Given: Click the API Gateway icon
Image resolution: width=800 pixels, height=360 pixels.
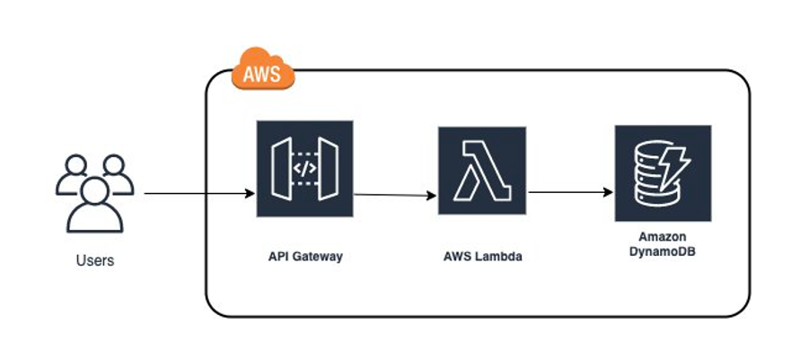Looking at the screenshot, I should pyautogui.click(x=305, y=169).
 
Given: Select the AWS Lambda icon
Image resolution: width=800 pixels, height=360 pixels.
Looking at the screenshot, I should pyautogui.click(x=482, y=171).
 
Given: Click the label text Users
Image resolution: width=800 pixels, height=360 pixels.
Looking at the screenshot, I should pyautogui.click(x=95, y=261).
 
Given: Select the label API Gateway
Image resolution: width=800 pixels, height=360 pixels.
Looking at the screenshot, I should pyautogui.click(x=305, y=257).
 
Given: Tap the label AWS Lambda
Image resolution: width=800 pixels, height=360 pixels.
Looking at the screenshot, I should pyautogui.click(x=483, y=257).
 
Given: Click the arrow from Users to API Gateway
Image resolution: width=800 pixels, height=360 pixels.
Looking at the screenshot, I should pyautogui.click(x=198, y=193).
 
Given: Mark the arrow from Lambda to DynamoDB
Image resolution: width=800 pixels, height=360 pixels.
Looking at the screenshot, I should pyautogui.click(x=570, y=192).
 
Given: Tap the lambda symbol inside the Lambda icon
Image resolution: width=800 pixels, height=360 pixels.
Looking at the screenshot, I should pyautogui.click(x=482, y=171).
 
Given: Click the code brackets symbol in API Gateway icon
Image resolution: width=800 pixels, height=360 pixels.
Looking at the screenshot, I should pyautogui.click(x=305, y=169).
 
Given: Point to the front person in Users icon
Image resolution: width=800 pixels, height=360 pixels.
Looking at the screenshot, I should pyautogui.click(x=94, y=206).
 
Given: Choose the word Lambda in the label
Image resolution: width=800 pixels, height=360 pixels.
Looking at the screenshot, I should pyautogui.click(x=498, y=257).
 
